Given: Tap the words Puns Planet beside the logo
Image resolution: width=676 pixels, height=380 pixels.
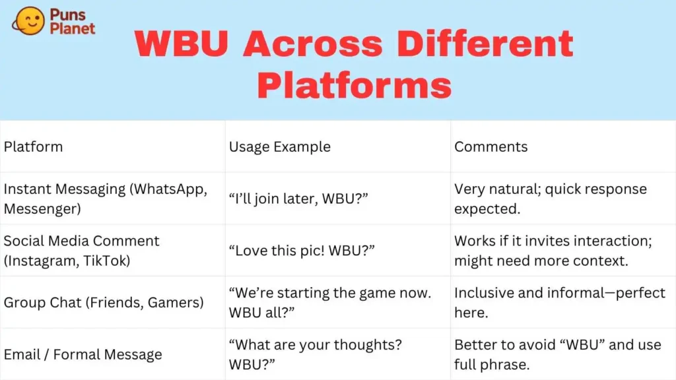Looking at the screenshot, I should [x=72, y=21].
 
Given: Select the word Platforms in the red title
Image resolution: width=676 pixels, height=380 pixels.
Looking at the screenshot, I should [x=354, y=85].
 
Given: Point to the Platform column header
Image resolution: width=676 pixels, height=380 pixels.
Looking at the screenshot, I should [x=33, y=146].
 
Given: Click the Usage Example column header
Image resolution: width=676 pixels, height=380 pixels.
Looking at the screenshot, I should [x=279, y=146].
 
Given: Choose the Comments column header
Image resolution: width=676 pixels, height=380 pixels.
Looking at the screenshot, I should [x=490, y=146].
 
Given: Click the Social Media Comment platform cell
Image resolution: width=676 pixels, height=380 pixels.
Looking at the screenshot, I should [x=82, y=251].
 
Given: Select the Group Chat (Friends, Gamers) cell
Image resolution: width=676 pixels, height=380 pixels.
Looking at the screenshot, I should [x=103, y=303].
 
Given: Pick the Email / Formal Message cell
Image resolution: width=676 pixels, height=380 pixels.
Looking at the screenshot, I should [x=83, y=354].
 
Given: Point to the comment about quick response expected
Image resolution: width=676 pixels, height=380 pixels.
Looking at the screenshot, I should [x=550, y=199].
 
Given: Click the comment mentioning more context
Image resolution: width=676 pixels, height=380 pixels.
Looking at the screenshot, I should [x=553, y=251].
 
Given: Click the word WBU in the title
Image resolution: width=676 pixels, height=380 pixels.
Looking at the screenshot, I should [x=182, y=44].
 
